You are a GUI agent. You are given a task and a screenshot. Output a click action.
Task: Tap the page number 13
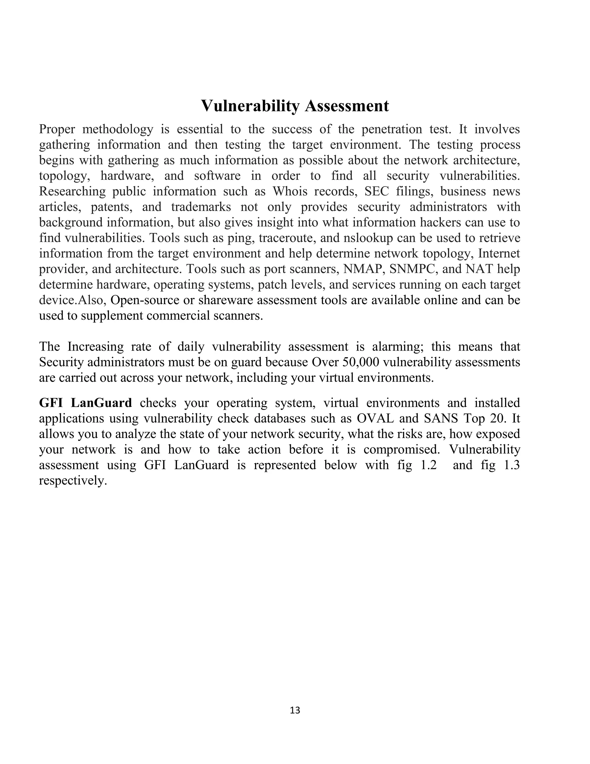(295, 710)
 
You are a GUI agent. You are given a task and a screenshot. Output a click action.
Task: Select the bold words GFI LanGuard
(85, 403)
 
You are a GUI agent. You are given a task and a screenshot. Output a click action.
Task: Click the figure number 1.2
(428, 465)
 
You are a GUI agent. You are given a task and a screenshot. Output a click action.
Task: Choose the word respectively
(73, 481)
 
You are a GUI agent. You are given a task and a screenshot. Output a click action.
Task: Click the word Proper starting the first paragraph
(57, 129)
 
